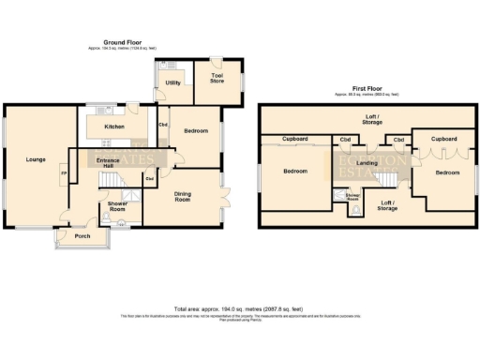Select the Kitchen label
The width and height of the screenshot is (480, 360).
pos(114,125)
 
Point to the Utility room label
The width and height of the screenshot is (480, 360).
pos(172,83)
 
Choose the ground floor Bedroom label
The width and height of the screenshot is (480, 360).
pos(196,132)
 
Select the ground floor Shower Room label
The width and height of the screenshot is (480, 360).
pos(117,206)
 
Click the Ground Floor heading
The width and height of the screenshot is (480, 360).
pos(129,42)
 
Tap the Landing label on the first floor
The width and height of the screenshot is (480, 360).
pos(367,163)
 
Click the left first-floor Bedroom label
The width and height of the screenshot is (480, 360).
pos(296,172)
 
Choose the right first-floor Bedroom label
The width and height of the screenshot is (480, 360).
pos(446,172)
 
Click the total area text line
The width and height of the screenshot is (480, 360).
pos(239,308)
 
